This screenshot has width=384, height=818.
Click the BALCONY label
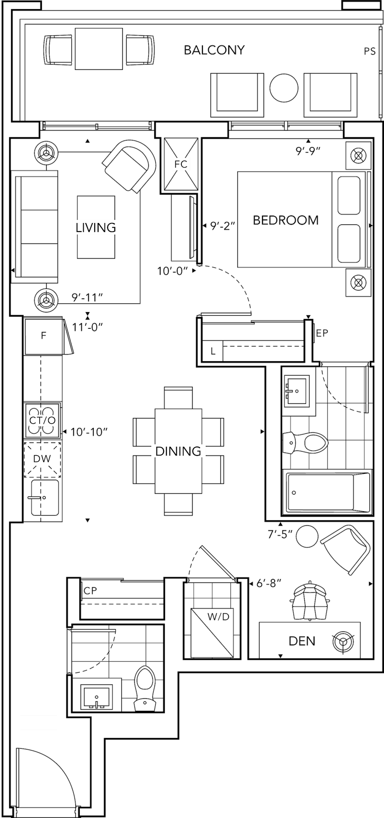(214, 50)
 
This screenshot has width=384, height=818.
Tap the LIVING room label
(96, 227)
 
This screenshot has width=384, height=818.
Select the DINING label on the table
(178, 451)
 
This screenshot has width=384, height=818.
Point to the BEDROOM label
(285, 220)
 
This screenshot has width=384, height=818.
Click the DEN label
(302, 641)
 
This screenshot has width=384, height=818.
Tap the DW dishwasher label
(42, 459)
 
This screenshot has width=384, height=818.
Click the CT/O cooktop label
(42, 421)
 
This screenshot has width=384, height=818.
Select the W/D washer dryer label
(218, 616)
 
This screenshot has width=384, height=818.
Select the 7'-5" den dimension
(280, 534)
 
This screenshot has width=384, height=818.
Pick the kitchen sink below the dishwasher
(44, 498)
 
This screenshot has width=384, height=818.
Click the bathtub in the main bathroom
(327, 492)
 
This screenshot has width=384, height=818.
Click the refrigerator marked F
(43, 336)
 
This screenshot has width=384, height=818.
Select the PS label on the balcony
(370, 52)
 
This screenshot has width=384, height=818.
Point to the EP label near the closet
(322, 333)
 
